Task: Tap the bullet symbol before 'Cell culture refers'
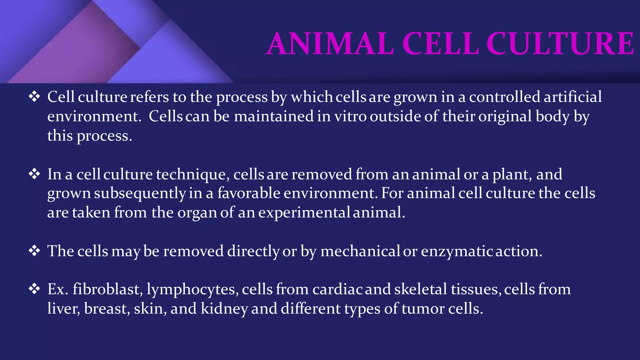pos(34,97)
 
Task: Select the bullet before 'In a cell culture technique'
pos(34,174)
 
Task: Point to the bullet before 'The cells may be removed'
pos(34,251)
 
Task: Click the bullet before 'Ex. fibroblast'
pos(34,289)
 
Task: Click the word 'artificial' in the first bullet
pos(572,97)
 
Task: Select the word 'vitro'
pos(350,116)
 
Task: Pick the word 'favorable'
pos(249,193)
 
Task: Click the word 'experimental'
pos(304,212)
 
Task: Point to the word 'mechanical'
pos(360,251)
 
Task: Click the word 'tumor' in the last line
pos(423,309)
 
